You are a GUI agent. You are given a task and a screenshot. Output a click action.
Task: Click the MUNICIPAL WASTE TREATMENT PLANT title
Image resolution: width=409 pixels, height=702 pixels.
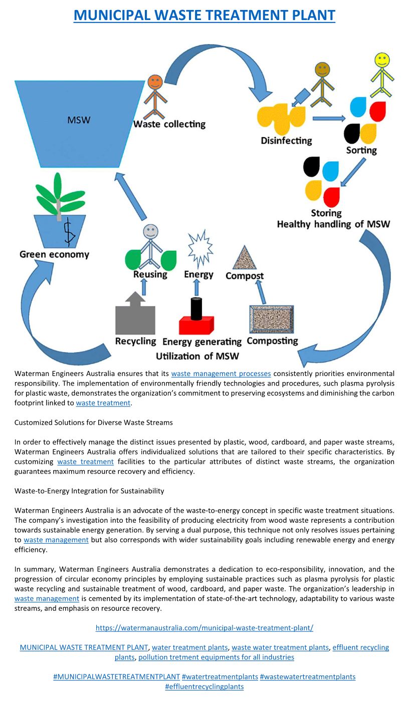point(204,15)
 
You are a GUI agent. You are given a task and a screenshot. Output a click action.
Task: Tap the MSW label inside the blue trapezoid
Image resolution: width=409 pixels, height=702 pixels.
point(79,120)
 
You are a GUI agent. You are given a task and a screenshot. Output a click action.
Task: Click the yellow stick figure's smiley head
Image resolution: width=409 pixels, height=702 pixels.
point(382,60)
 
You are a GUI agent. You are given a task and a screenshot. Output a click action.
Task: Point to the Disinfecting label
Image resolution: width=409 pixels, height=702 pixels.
point(286,141)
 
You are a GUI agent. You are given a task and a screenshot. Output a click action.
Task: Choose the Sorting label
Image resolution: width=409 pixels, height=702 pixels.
point(361,150)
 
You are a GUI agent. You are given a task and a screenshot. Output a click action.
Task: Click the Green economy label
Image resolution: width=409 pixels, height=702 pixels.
point(54,254)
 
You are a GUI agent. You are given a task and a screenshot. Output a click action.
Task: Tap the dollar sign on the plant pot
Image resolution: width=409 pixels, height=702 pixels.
point(69,232)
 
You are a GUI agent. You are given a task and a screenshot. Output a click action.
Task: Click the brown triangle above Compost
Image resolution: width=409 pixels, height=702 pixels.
point(244,258)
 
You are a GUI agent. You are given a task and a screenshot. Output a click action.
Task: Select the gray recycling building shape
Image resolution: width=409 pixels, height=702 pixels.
point(135,315)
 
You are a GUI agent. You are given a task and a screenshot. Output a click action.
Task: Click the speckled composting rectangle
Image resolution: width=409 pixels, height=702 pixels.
point(272,319)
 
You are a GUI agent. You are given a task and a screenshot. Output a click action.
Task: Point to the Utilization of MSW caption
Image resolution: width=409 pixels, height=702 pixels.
point(197,356)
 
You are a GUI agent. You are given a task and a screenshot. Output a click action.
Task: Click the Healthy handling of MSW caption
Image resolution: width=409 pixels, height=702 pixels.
point(333,224)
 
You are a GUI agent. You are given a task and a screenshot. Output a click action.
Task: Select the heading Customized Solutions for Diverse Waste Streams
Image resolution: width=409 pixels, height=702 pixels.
point(94,422)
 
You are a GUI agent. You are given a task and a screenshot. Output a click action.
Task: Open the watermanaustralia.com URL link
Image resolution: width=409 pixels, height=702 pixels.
point(204,627)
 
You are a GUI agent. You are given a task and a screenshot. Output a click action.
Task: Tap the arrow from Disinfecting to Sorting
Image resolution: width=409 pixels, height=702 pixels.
point(329,118)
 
